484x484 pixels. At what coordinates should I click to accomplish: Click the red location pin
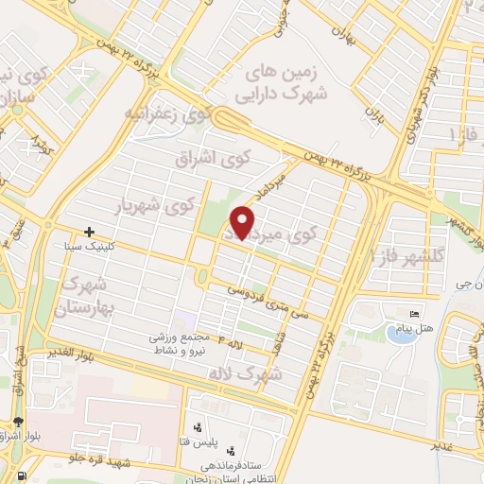pos(242,223)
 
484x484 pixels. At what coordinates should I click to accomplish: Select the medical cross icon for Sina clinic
pos(89,231)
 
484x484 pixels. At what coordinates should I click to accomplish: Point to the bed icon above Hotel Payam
pos(412,314)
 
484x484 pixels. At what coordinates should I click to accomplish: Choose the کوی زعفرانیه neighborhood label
pos(165,114)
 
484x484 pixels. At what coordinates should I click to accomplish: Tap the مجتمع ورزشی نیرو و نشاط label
pos(189,343)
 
